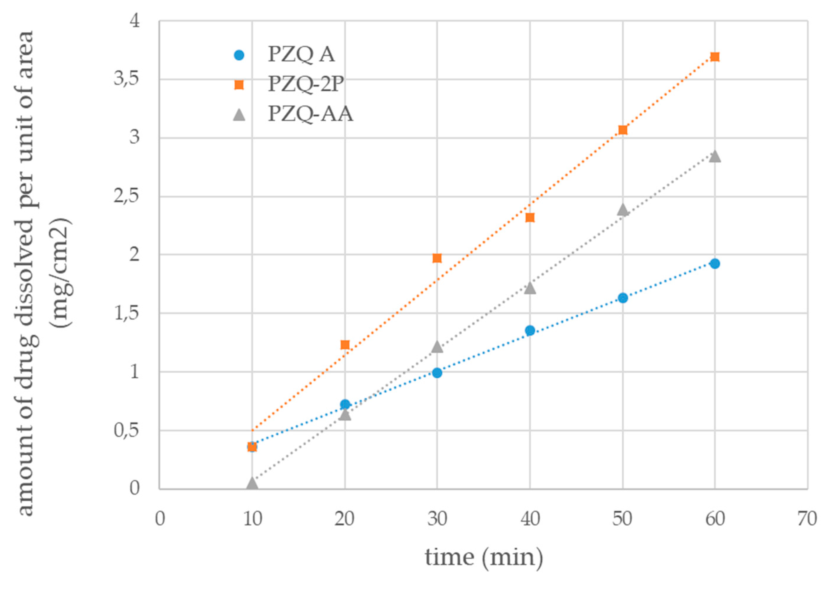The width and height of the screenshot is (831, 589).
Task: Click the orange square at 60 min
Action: (x=715, y=57)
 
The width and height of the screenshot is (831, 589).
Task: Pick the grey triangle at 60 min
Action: (x=715, y=157)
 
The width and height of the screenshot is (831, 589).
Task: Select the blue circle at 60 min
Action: (x=715, y=264)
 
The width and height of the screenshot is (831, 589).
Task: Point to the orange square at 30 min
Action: (x=437, y=258)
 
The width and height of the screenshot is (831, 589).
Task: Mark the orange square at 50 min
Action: (x=623, y=130)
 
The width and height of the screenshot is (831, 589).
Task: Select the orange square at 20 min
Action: (x=345, y=345)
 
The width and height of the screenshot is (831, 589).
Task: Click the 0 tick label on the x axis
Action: (x=160, y=519)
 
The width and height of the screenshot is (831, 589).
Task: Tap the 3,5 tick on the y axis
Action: (x=127, y=79)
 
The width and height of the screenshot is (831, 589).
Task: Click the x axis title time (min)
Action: (x=484, y=558)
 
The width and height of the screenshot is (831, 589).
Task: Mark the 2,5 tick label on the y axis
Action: (x=127, y=197)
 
